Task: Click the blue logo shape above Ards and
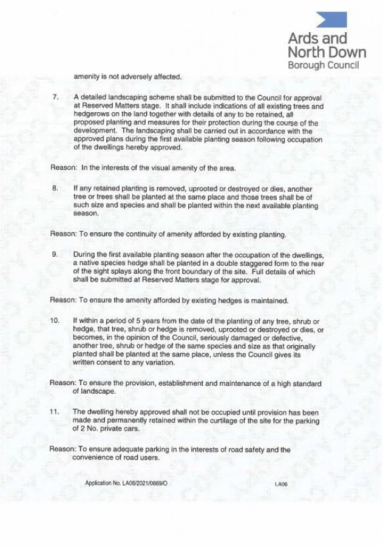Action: [x=333, y=19]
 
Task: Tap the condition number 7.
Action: [x=54, y=97]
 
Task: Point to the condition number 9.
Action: [x=54, y=254]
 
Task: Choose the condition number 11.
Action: [x=55, y=411]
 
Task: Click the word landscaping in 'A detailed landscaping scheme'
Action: [x=125, y=97]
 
